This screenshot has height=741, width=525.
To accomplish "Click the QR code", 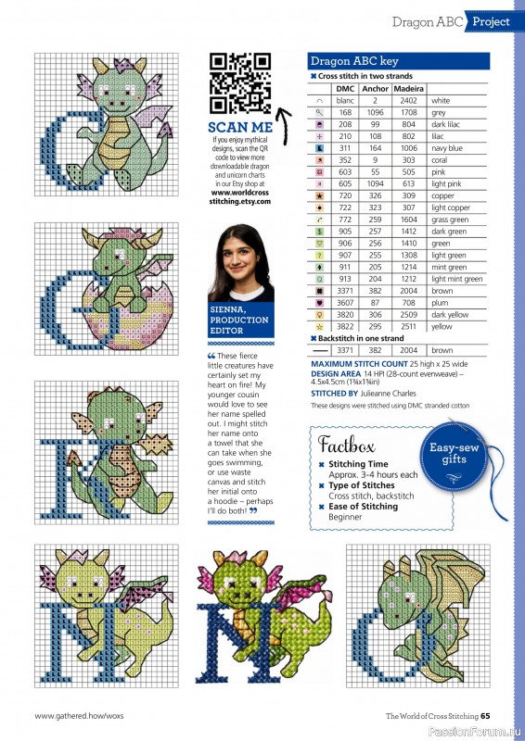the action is tap(240, 83).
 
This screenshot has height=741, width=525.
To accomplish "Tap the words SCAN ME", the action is tap(240, 128).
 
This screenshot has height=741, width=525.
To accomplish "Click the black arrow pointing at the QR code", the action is tap(284, 126).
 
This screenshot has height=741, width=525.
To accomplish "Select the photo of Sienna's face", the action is tap(241, 263).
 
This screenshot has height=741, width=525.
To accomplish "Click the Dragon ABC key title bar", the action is tap(399, 61).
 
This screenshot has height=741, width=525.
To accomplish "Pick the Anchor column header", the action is tap(375, 89).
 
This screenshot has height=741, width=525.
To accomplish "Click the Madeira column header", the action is tap(408, 89).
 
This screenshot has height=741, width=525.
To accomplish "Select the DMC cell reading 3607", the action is tap(345, 303).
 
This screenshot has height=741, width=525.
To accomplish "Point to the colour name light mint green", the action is tap(457, 280).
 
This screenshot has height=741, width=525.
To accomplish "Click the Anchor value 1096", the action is tap(375, 112).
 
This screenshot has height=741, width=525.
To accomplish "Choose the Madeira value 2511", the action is tap(408, 327).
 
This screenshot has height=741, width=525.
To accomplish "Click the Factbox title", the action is tap(347, 445).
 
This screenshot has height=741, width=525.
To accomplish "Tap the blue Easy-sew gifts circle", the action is tap(454, 455).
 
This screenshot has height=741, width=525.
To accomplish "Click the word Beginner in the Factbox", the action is tap(345, 517).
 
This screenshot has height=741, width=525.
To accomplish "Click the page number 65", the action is tap(485, 716).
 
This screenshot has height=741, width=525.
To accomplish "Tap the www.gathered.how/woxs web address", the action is tap(79, 716).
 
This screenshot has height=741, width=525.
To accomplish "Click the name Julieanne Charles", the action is tap(389, 393).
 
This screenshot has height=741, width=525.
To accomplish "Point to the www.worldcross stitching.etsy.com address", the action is tap(240, 197).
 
